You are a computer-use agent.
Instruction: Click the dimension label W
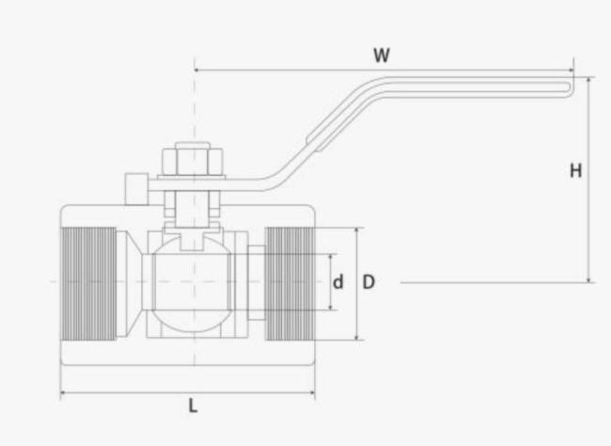(381, 55)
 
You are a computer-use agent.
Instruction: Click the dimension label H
(575, 170)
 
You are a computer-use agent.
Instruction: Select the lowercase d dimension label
(338, 281)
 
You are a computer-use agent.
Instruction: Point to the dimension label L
(193, 406)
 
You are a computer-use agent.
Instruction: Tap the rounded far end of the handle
(567, 88)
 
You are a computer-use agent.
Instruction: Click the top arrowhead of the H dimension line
(589, 80)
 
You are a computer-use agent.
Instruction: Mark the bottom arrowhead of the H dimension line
(589, 279)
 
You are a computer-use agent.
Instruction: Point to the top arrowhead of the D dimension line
(356, 230)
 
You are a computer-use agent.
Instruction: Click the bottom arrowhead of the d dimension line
(331, 308)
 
